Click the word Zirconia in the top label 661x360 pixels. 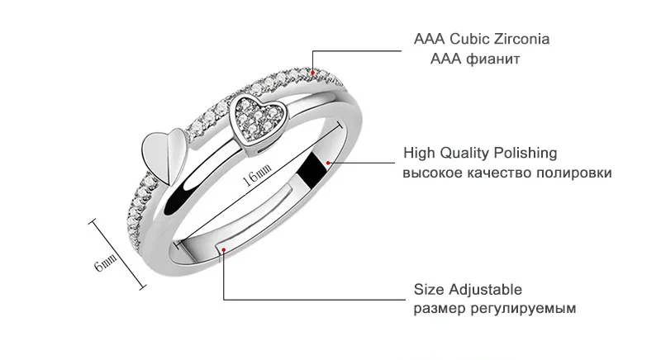522,39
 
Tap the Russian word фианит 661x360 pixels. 492,59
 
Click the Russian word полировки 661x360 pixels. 574,173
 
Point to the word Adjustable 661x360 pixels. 485,290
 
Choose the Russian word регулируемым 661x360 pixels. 523,309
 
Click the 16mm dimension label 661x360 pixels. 257,175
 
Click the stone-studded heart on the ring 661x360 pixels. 255,121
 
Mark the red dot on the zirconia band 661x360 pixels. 313,73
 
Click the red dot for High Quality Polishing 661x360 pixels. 328,163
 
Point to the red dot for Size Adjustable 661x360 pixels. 224,250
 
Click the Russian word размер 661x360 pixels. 440,310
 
